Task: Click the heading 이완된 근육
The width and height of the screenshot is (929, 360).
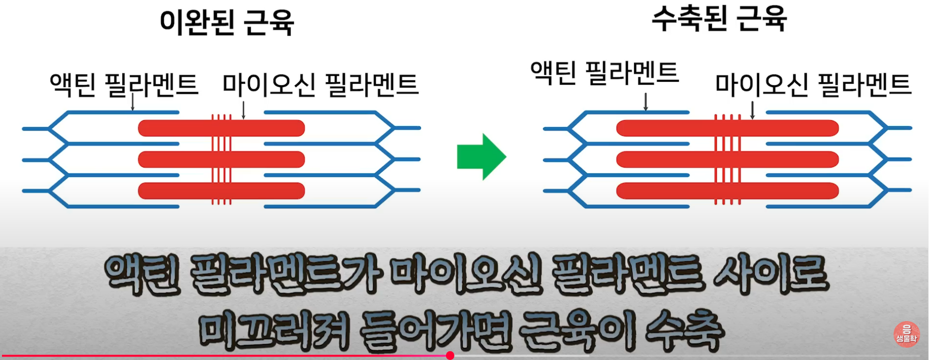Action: tap(226, 22)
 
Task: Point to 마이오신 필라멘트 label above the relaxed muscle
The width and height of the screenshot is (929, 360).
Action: tap(320, 84)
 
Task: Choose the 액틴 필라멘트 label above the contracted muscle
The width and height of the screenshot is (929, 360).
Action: tap(605, 72)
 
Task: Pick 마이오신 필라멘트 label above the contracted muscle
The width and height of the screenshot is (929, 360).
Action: tap(813, 84)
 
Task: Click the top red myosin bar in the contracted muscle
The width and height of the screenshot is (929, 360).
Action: tap(665, 129)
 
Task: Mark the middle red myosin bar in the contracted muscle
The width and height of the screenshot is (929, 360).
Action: tap(665, 160)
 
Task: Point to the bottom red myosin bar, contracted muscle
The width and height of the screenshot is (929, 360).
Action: tap(665, 191)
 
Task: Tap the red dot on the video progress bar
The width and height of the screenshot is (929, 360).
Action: tap(450, 356)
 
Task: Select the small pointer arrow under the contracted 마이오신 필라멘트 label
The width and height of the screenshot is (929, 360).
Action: tap(752, 110)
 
